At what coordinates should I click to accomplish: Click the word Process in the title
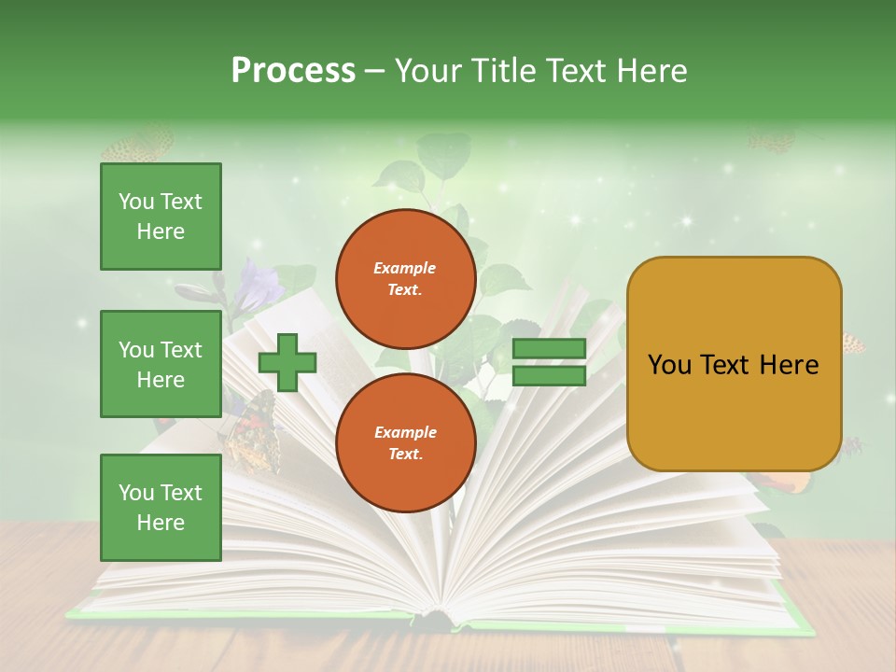293,71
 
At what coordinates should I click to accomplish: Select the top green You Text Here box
161,217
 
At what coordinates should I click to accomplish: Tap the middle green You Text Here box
161,364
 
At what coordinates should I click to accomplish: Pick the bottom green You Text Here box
161,507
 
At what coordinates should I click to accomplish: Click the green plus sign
287,362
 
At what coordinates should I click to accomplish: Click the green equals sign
549,362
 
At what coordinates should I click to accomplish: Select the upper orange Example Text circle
406,279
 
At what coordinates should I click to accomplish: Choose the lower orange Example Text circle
406,442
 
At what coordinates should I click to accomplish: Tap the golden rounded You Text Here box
734,364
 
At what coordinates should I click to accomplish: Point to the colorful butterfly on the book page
250,429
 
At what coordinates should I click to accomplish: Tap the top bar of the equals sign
549,349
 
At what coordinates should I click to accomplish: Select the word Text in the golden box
733,365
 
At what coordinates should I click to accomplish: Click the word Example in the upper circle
405,268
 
